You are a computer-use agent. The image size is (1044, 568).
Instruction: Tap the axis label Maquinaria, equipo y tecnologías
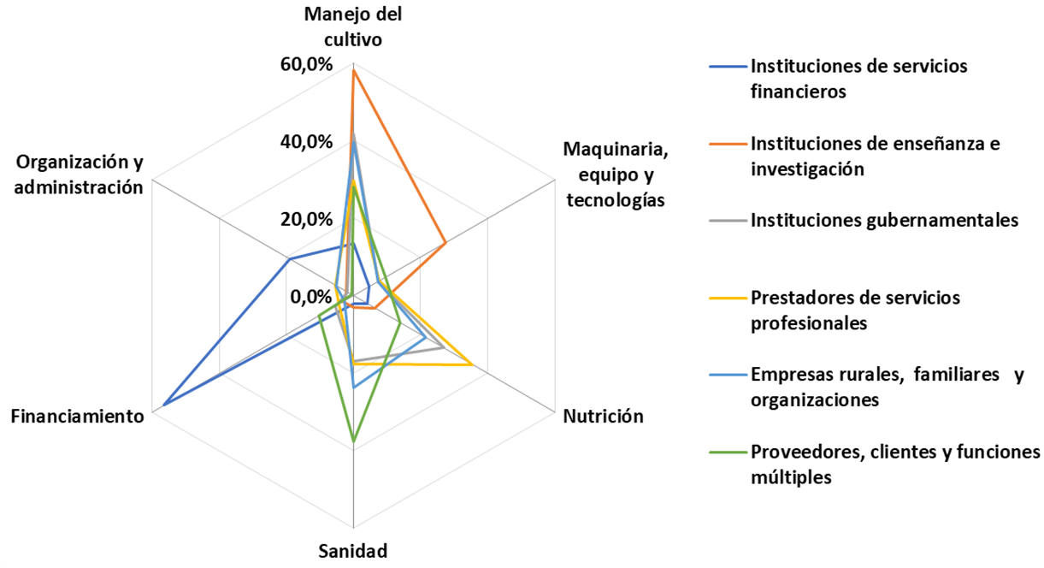point(615,175)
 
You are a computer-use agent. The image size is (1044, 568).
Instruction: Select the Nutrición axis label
point(603,417)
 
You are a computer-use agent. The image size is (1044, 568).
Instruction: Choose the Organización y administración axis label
point(80,175)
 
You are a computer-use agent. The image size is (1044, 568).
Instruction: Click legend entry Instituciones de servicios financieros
point(858,79)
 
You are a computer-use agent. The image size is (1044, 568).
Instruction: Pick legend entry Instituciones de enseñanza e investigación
point(875,156)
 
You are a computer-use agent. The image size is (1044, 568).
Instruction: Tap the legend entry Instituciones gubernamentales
point(884,220)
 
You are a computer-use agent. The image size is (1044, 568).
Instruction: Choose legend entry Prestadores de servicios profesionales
point(855,311)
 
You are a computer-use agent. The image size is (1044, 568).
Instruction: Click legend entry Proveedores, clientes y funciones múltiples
point(894,464)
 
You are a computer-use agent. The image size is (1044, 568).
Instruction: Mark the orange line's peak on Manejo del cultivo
point(353,69)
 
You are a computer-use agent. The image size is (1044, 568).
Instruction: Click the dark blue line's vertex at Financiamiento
point(162,405)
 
